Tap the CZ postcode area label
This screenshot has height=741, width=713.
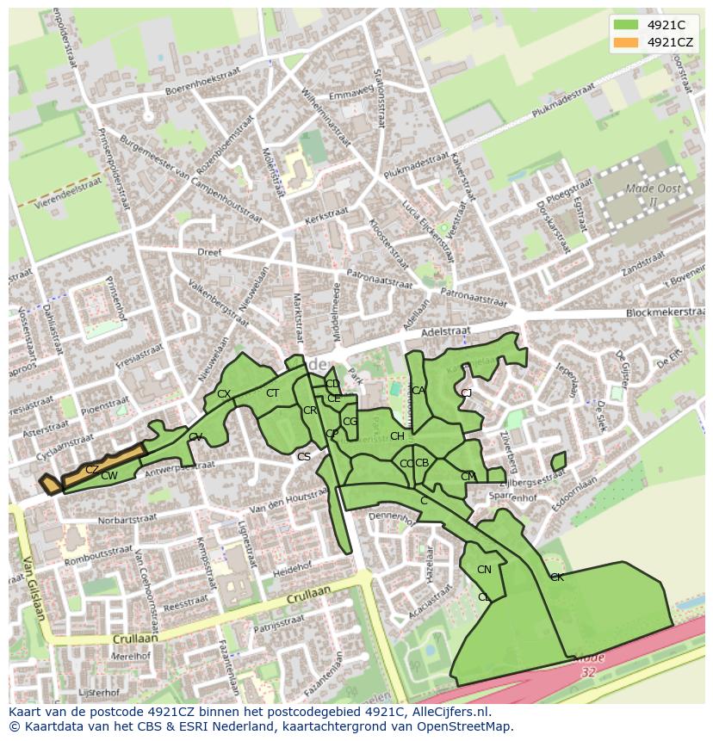tap(91, 469)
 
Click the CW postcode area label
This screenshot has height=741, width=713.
tap(108, 476)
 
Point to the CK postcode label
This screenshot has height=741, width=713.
tap(556, 577)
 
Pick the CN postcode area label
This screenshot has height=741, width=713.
tap(484, 570)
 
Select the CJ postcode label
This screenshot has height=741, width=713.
tap(466, 393)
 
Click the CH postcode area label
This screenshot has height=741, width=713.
tap(397, 436)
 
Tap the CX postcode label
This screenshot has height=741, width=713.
tap(224, 394)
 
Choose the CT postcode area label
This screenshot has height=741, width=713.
tap(272, 393)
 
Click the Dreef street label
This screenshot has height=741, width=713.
tap(209, 253)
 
